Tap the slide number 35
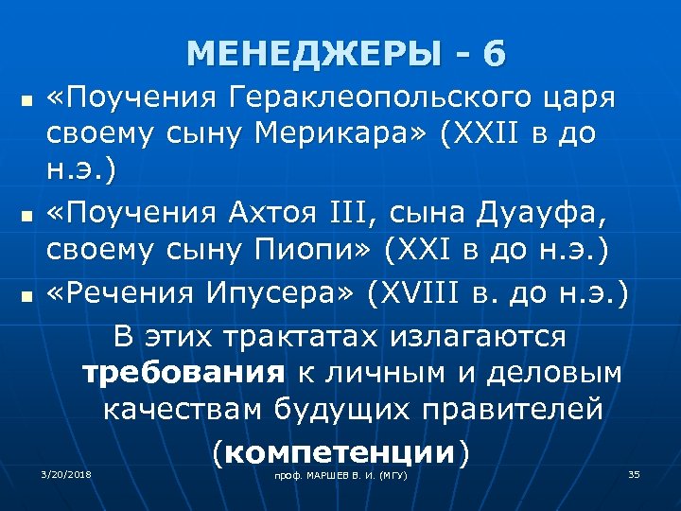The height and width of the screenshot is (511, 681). pyautogui.click(x=634, y=473)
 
